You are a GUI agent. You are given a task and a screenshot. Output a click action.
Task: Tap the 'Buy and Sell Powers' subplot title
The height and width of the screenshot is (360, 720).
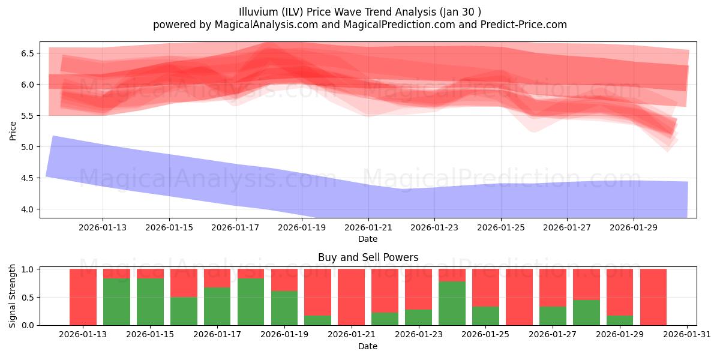368,257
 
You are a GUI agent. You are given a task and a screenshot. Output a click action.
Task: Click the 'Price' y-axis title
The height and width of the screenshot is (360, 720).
13,130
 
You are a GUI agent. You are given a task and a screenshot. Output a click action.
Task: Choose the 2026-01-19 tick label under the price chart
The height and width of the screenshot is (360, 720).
302,227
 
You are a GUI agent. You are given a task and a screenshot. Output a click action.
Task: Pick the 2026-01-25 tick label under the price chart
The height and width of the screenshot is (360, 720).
501,227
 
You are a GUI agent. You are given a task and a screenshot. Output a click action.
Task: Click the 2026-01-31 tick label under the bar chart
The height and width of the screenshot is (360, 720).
686,335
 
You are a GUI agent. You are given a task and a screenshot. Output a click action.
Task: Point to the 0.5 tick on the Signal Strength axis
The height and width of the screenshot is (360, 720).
28,297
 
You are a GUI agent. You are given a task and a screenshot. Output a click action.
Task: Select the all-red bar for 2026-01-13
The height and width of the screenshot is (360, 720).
83,297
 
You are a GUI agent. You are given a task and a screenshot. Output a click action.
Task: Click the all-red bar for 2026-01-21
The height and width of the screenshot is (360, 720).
351,297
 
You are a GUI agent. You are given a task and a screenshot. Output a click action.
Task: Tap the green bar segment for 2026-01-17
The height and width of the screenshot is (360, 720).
217,306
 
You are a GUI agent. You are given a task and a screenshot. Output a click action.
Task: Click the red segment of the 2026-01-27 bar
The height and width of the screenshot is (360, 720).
553,287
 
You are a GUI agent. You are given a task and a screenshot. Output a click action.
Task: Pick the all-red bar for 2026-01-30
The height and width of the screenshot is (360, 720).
653,297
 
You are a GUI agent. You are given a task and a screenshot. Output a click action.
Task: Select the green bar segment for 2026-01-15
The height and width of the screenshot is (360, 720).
150,301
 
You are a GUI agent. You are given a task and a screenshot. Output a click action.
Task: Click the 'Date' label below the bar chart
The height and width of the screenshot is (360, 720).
368,346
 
